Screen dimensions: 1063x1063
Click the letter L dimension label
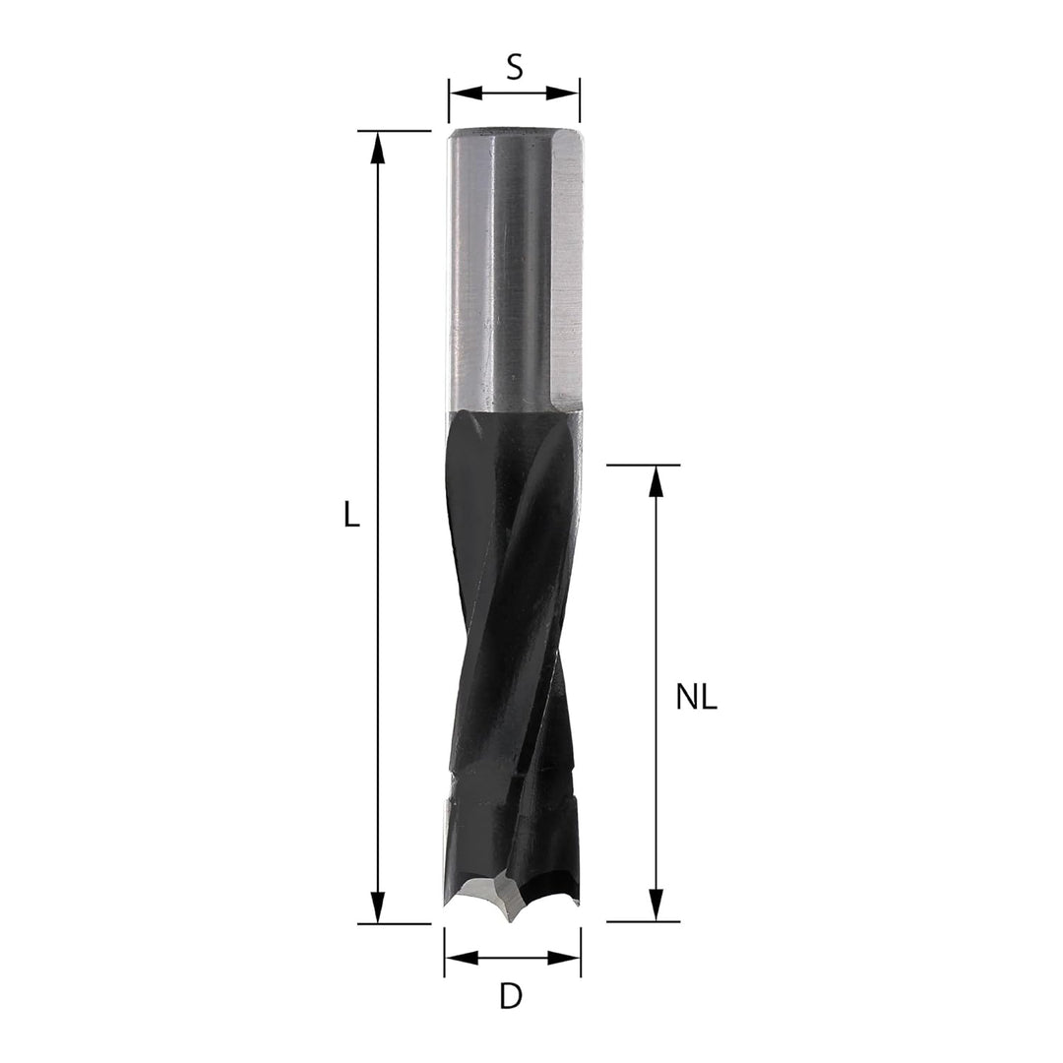(x=350, y=516)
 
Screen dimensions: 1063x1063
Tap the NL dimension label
(x=696, y=698)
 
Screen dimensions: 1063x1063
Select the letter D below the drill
(x=511, y=997)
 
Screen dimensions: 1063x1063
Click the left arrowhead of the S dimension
(x=465, y=93)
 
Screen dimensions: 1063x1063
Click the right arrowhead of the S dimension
(x=563, y=93)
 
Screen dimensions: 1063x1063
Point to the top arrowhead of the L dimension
(x=378, y=147)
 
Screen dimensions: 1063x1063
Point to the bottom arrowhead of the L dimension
(x=378, y=907)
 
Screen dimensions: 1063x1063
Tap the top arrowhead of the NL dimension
(x=656, y=482)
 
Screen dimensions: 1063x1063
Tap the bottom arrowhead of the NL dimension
(x=656, y=906)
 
